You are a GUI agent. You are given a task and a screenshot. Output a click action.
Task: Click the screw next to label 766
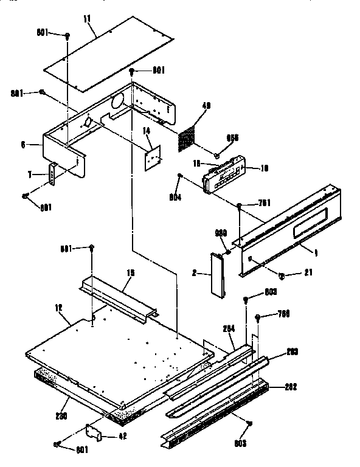pos(259,317)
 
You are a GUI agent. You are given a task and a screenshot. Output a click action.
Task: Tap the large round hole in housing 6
pos(118,101)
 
